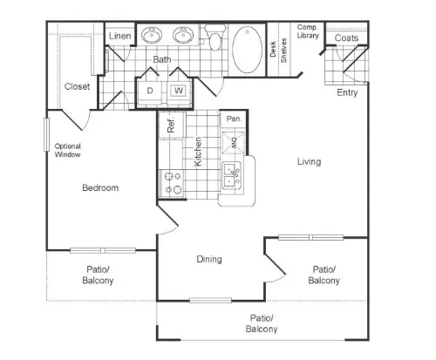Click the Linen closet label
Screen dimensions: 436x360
pyautogui.click(x=119, y=36)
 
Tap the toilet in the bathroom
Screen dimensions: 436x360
pyautogui.click(x=215, y=37)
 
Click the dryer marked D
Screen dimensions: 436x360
pyautogui.click(x=150, y=91)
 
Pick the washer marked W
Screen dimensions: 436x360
pyautogui.click(x=179, y=91)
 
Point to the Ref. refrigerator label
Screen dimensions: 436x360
pyautogui.click(x=171, y=125)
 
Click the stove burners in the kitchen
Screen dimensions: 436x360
pyautogui.click(x=174, y=183)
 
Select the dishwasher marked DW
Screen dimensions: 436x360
pyautogui.click(x=233, y=142)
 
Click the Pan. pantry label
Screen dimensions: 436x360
pyautogui.click(x=234, y=119)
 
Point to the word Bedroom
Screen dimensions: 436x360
pyautogui.click(x=100, y=187)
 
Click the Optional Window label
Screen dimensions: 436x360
pyautogui.click(x=68, y=150)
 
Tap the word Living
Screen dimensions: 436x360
pyautogui.click(x=309, y=162)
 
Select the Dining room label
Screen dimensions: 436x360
pyautogui.click(x=209, y=259)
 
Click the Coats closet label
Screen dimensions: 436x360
pyautogui.click(x=346, y=37)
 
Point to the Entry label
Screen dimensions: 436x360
pyautogui.click(x=347, y=92)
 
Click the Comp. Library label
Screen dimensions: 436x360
pyautogui.click(x=308, y=31)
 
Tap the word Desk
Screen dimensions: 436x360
pyautogui.click(x=273, y=49)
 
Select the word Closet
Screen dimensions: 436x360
pyautogui.click(x=77, y=86)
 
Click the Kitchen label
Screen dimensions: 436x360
pyautogui.click(x=198, y=152)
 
